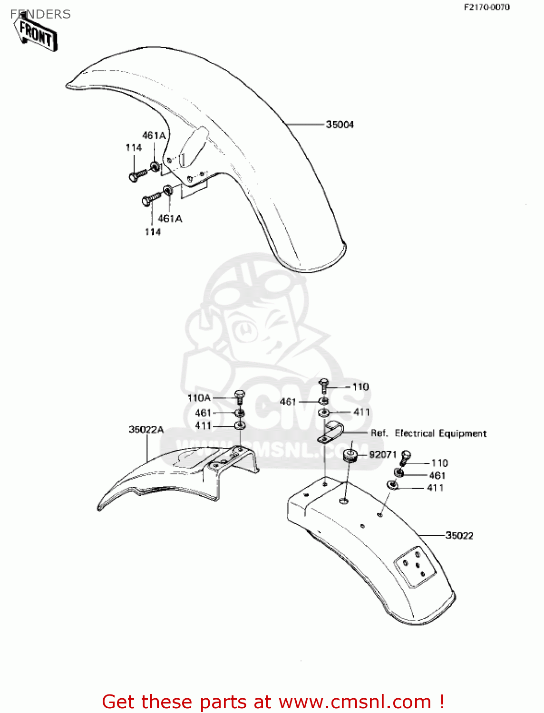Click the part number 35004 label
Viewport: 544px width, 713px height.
click(340, 125)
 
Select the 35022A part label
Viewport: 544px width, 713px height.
click(146, 430)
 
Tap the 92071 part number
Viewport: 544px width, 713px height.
click(382, 454)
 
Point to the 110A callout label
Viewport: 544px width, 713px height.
click(199, 398)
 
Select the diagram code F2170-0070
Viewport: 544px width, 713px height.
click(486, 7)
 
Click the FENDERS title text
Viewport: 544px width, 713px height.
click(40, 14)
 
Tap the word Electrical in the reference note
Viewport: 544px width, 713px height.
click(415, 434)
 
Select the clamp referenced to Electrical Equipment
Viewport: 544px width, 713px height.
click(330, 431)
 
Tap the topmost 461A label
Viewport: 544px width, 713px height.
click(154, 136)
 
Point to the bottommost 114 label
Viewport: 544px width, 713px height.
click(153, 232)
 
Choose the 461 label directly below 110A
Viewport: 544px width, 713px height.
click(203, 413)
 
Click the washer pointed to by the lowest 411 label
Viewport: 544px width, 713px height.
click(393, 485)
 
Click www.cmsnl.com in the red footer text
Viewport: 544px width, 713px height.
click(355, 702)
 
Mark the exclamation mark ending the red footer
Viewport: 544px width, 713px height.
click(441, 702)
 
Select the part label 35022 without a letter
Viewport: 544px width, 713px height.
click(459, 536)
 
